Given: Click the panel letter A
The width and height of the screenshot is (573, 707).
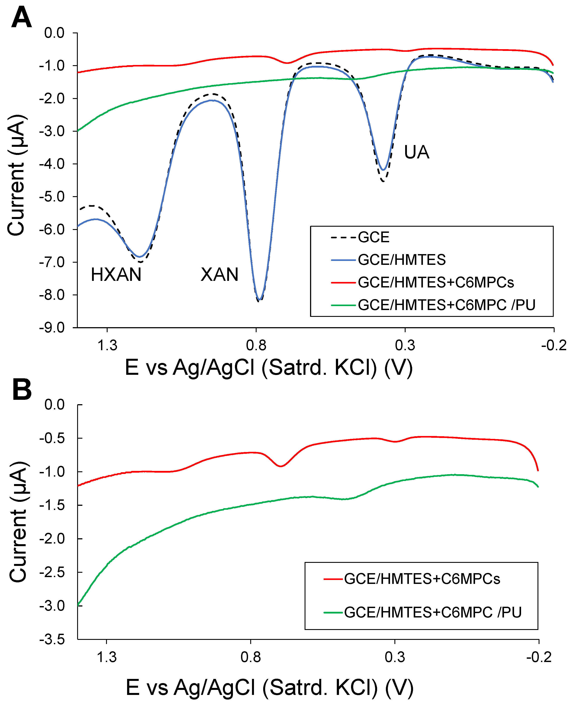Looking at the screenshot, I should click(21, 18).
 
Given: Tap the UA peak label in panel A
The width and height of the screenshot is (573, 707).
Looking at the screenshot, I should click(417, 152).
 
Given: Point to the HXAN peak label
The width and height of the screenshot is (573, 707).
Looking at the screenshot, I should click(116, 274).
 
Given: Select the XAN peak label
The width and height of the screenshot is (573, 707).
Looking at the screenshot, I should click(220, 274).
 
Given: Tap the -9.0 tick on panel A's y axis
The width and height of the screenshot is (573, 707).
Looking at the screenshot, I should click(52, 328).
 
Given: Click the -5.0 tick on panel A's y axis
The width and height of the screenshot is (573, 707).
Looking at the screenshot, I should click(52, 197).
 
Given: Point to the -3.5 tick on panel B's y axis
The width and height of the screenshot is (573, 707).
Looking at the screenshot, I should click(52, 640).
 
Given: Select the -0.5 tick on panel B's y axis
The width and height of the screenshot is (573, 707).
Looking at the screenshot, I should click(52, 438).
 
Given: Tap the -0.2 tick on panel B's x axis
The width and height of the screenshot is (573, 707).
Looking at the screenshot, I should click(539, 657).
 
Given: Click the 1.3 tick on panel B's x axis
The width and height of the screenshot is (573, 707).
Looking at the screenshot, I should click(107, 657).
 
